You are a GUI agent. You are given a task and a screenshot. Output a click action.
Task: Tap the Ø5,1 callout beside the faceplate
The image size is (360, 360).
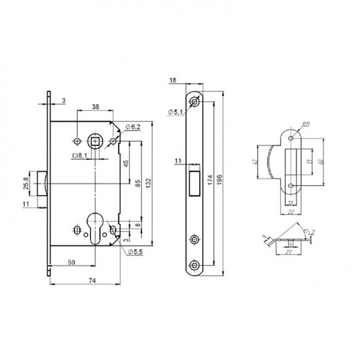coord(176,112)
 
